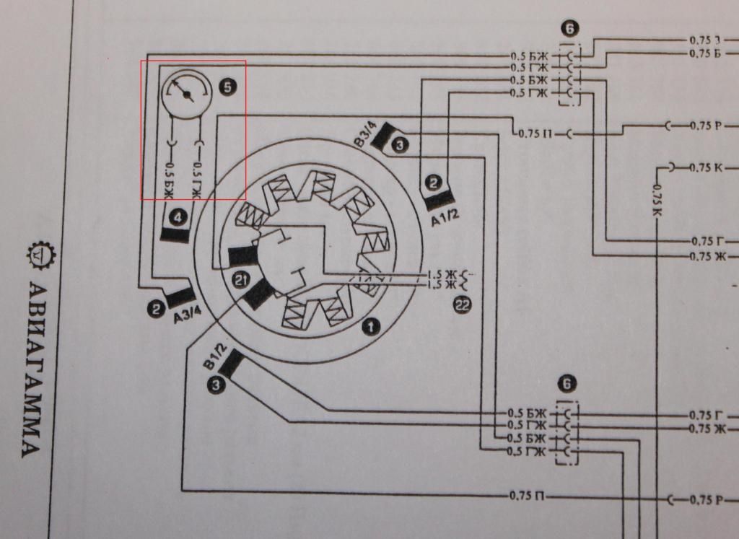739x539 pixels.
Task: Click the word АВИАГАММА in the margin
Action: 30,368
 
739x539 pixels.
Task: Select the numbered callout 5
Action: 227,88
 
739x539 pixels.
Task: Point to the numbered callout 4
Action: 178,216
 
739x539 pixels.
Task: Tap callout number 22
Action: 462,305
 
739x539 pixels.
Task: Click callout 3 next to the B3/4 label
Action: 400,146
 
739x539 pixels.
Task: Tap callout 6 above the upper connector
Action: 569,28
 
